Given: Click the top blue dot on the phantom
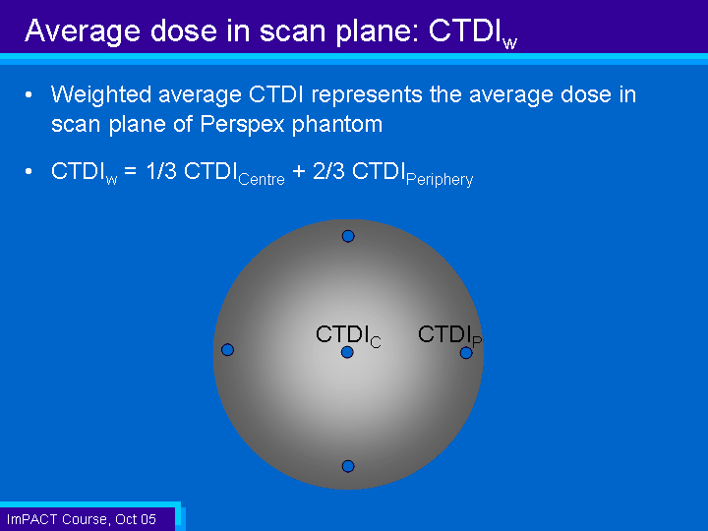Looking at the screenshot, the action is click(348, 236).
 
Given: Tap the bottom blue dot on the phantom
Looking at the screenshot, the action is click(348, 466).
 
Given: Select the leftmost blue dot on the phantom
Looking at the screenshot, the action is click(227, 349).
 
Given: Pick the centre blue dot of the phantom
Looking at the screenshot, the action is click(347, 352).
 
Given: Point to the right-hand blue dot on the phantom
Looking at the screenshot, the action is click(466, 353).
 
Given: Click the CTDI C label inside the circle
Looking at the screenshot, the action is click(348, 336).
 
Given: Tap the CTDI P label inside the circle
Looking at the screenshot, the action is click(449, 336).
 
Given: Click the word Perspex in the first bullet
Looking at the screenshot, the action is click(242, 124).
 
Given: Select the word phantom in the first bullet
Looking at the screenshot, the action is click(337, 124).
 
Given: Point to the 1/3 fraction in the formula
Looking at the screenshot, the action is click(161, 171).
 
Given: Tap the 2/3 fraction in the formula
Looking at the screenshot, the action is click(328, 171).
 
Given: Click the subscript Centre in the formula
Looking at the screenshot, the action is click(262, 179).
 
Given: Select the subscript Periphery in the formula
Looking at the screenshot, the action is click(440, 180).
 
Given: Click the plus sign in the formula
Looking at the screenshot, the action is click(299, 172).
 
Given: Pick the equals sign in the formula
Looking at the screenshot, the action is click(130, 172).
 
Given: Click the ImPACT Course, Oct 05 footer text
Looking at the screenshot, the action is click(82, 519).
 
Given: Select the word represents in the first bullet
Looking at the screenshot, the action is click(367, 95).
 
